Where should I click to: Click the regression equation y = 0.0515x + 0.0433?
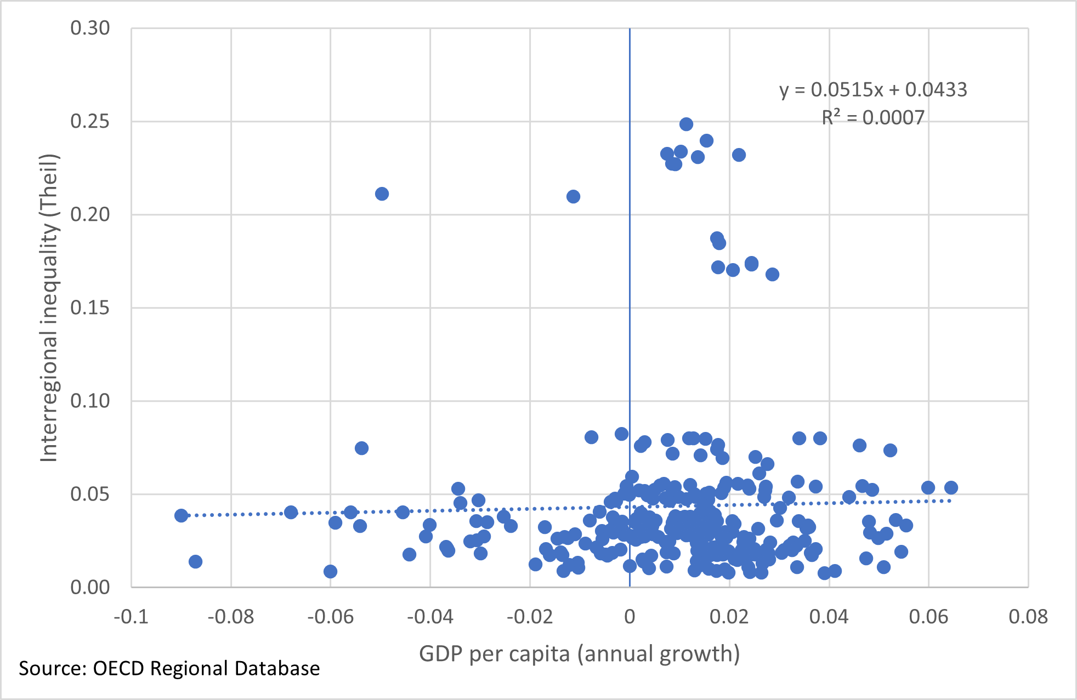tap(873, 89)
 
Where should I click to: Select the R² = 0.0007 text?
tap(873, 117)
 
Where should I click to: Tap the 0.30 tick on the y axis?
tap(90, 28)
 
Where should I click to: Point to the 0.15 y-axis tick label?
tap(90, 308)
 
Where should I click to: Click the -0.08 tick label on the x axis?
tap(230, 617)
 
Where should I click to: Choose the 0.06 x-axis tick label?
tap(928, 617)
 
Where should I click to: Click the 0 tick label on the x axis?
tap(630, 617)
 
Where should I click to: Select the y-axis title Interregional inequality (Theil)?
tap(49, 308)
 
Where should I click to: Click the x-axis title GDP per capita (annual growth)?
tap(579, 653)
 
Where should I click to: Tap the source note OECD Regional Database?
tap(169, 668)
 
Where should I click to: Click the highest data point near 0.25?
tap(686, 124)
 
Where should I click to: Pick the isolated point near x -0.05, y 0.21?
tap(382, 194)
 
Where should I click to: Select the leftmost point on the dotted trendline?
tap(181, 515)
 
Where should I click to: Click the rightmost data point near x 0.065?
tap(951, 487)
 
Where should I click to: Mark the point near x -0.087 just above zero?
tap(195, 561)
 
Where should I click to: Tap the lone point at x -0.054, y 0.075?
tap(361, 448)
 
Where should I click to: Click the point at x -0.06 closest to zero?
tap(330, 572)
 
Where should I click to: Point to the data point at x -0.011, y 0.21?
tap(573, 196)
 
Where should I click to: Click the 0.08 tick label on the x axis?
tap(1028, 617)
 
